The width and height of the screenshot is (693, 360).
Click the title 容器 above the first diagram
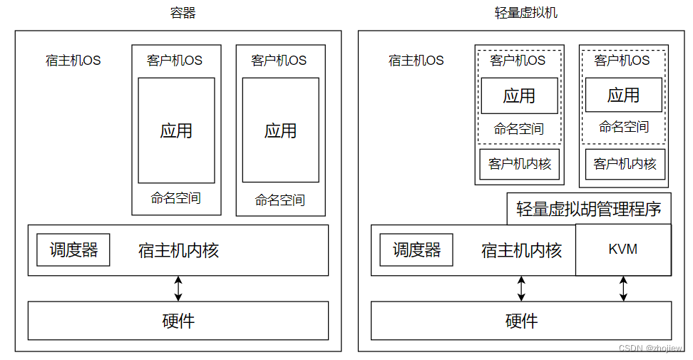[x=183, y=12]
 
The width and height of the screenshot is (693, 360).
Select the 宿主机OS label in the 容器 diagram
[x=73, y=61]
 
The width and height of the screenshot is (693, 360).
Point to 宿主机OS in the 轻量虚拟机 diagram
[x=416, y=61]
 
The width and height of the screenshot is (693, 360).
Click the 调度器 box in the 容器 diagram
[x=73, y=250]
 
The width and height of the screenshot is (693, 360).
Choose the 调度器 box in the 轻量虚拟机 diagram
[x=416, y=250]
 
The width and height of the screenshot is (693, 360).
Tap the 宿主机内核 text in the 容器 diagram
[x=178, y=250]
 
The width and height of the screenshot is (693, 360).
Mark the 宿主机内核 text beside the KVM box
[x=521, y=250]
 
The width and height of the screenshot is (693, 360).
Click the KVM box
[x=623, y=250]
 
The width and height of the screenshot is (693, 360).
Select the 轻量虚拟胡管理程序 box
[x=589, y=209]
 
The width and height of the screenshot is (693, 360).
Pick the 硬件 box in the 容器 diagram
[x=178, y=321]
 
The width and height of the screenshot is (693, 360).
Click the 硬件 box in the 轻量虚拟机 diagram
[x=521, y=321]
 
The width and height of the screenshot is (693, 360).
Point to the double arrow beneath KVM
[x=623, y=288]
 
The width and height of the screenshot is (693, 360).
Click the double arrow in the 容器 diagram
[x=178, y=288]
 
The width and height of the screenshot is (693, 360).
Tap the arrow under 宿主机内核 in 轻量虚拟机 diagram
[x=521, y=288]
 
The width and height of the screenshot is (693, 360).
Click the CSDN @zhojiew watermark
[x=651, y=349]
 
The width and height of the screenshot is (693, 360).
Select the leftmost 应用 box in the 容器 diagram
[x=176, y=130]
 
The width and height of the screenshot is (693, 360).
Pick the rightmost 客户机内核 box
[x=625, y=164]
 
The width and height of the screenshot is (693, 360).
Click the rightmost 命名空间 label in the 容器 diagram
[x=280, y=200]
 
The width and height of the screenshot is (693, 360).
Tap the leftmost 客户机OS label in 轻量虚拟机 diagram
[x=518, y=61]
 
